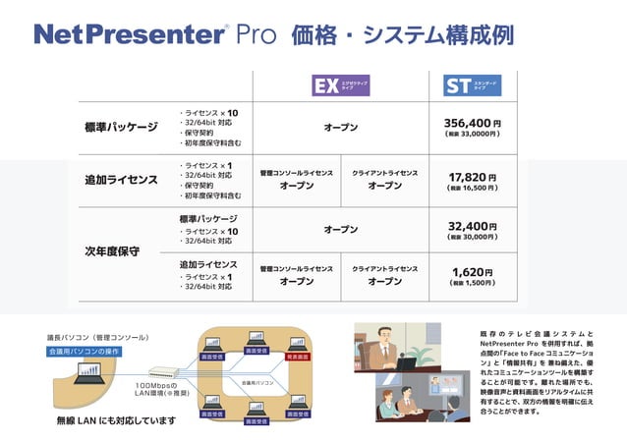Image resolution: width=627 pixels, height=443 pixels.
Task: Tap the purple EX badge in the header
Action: point(324,85)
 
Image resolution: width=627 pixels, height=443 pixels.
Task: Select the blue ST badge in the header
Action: point(458,85)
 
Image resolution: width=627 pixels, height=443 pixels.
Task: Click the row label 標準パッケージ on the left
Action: point(120,127)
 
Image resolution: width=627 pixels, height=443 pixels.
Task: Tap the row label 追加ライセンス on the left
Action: point(120,180)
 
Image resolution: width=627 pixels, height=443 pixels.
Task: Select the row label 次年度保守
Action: point(112,251)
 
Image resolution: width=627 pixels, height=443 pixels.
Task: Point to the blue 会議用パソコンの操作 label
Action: point(84,351)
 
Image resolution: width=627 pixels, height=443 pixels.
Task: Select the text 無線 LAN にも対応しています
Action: point(116,420)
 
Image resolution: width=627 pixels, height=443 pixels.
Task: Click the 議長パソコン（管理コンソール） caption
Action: point(98,337)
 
